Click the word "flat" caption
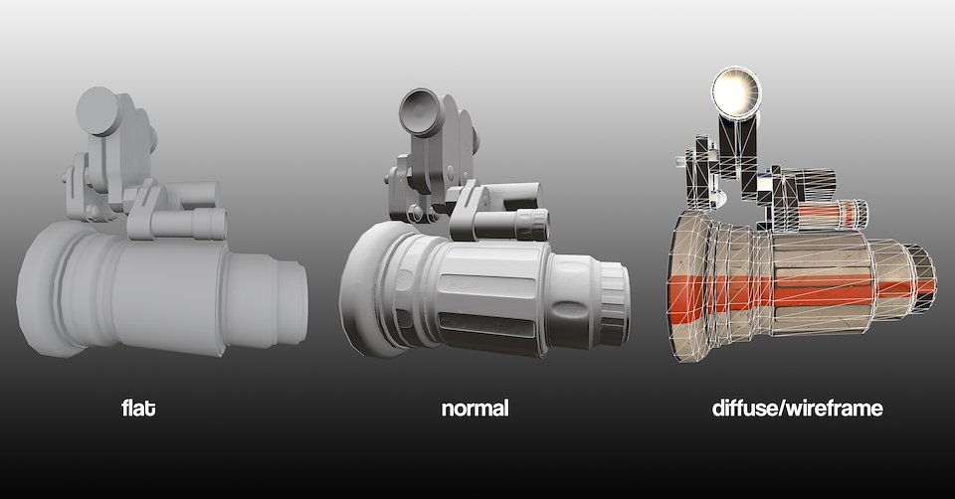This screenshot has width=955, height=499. point(138,408)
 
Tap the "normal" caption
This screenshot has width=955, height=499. point(476,409)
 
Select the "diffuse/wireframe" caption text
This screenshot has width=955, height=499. point(797,408)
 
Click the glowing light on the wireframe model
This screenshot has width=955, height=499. point(737,90)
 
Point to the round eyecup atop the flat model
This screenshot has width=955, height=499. point(98,110)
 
